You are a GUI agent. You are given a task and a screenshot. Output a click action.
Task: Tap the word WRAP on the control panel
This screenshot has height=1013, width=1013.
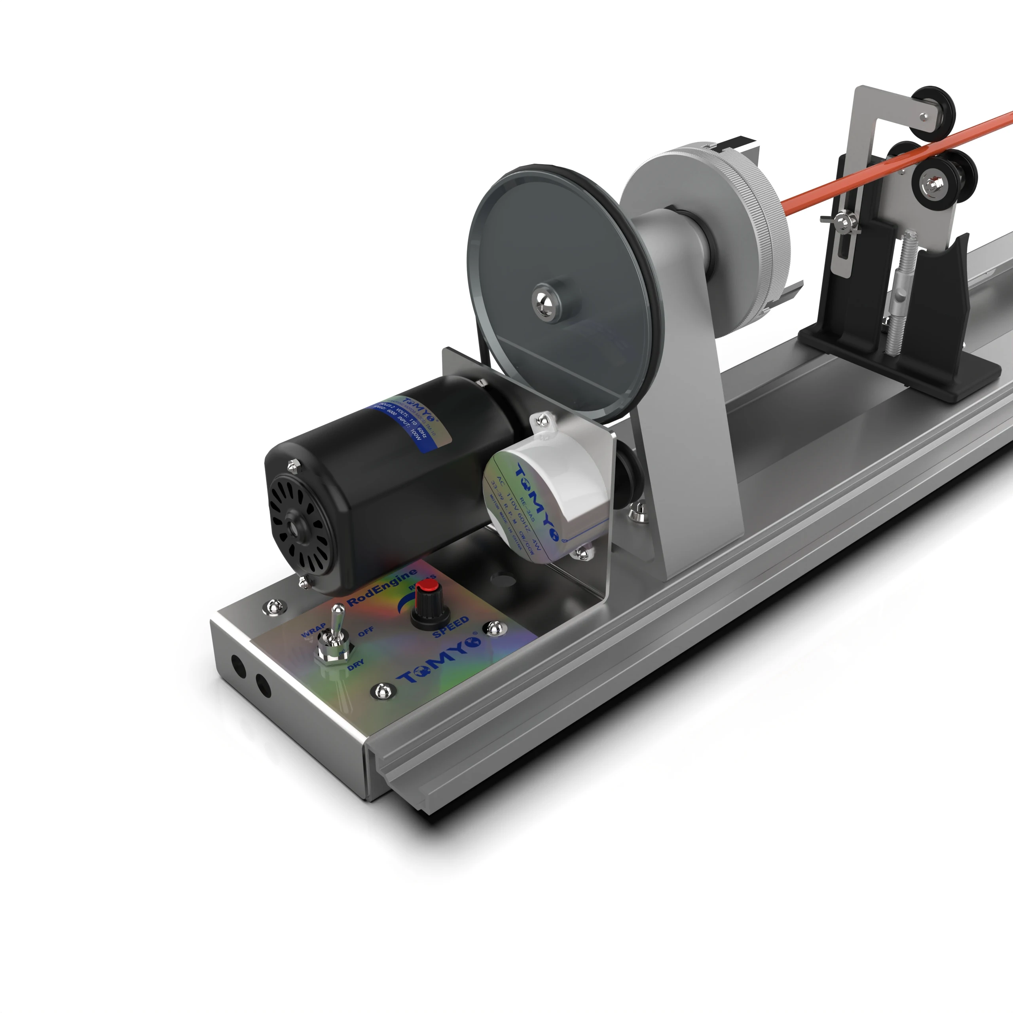[313, 631]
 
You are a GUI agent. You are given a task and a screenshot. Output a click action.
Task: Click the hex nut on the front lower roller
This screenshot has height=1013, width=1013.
[932, 184]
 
